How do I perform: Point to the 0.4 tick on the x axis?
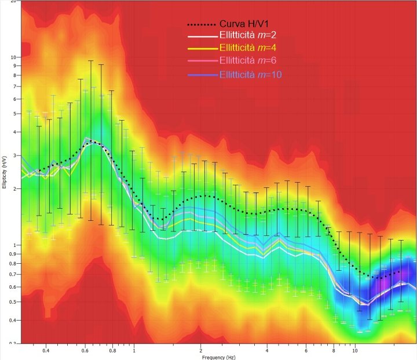point(45,350)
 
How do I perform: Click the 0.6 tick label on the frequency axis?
point(85,350)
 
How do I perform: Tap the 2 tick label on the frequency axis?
point(200,350)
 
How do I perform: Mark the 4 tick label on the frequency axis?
point(266,350)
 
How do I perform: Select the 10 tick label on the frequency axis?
point(354,350)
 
